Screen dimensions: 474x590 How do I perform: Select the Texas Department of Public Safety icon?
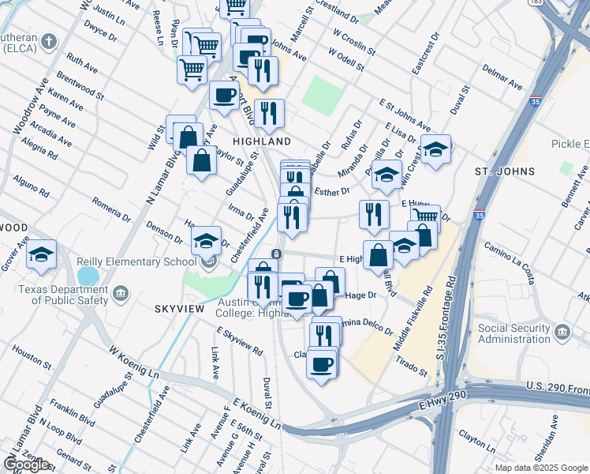121,294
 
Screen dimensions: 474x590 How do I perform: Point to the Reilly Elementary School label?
136,262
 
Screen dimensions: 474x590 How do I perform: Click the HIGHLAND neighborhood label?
262,141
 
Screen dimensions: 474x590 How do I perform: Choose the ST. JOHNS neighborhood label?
504,171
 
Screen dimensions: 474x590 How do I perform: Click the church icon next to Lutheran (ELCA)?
49,41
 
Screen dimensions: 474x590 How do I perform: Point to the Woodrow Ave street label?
31,105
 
